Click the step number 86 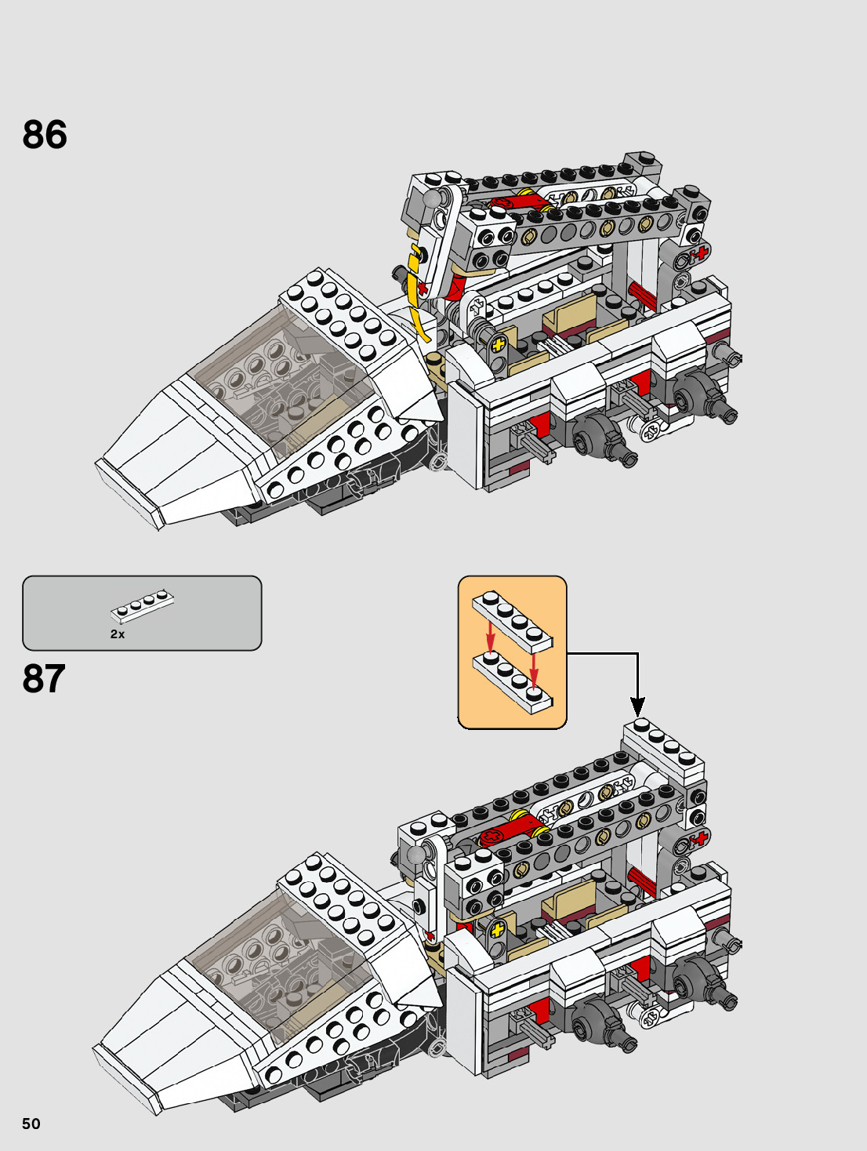[x=45, y=134]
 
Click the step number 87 [x=44, y=679]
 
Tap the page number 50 [x=31, y=1124]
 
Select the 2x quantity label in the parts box [x=118, y=634]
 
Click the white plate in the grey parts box [x=142, y=605]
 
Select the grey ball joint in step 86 [x=431, y=199]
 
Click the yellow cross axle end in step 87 [x=496, y=931]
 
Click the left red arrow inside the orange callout [x=490, y=635]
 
